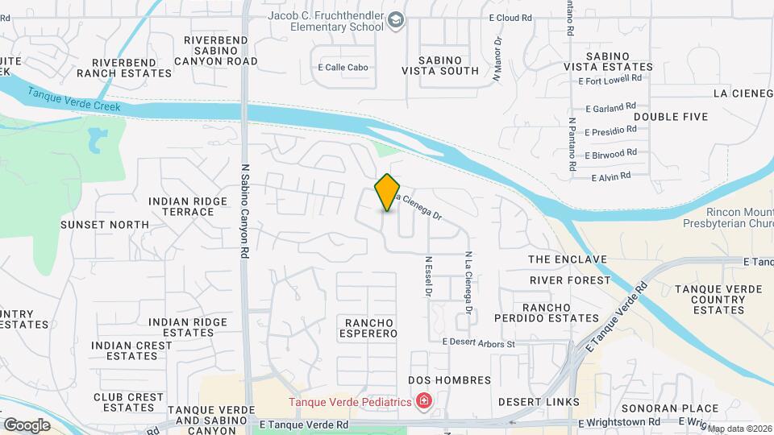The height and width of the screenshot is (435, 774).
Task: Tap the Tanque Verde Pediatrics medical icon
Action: [423, 401]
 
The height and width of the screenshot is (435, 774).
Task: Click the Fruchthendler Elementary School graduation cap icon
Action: [395, 19]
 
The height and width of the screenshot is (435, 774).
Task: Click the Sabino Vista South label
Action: [440, 65]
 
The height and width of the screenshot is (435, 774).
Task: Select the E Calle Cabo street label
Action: [343, 68]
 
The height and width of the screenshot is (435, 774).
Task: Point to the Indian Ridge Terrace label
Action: [181, 206]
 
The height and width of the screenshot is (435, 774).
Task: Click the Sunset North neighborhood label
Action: [105, 225]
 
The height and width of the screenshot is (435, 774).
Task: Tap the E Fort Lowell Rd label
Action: [610, 79]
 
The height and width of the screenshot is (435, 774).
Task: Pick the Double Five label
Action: [670, 117]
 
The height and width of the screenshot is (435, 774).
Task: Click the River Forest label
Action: [570, 280]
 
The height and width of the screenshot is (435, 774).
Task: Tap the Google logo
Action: [27, 425]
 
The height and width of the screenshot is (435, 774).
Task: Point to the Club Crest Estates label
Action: [129, 402]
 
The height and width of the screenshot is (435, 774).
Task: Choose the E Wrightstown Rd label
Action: [619, 422]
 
